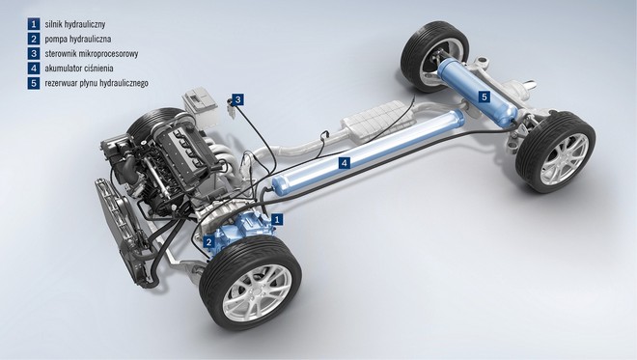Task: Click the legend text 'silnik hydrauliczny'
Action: click(75, 24)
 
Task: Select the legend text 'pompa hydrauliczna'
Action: click(78, 39)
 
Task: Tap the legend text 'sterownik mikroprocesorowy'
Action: click(92, 54)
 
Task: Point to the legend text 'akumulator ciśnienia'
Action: click(79, 69)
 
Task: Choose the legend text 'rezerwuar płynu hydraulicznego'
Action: click(97, 83)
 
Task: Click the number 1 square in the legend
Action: click(34, 24)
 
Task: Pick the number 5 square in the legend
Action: click(34, 83)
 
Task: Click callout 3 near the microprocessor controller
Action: click(238, 99)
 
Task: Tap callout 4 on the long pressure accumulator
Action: click(345, 163)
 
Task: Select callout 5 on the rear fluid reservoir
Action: click(484, 97)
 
